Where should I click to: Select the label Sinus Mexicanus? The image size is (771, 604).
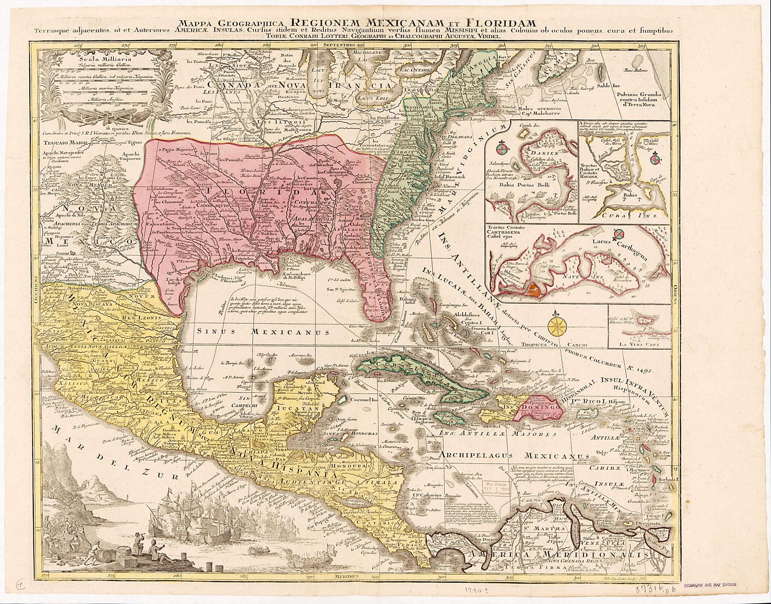[x=264, y=332]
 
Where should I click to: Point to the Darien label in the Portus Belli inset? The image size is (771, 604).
[x=541, y=154]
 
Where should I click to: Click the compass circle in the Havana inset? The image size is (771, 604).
[x=655, y=158]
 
